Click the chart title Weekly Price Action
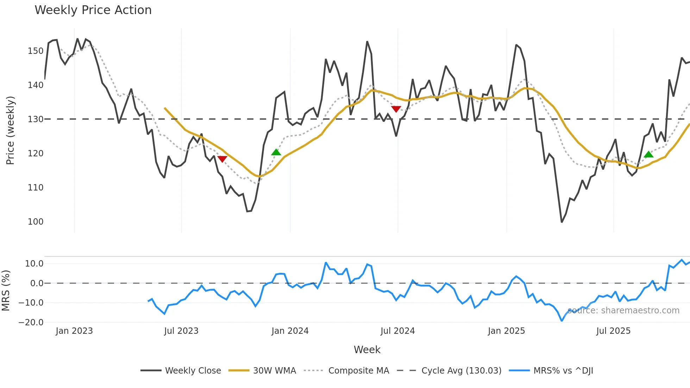pos(93,10)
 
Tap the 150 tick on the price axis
pos(36,51)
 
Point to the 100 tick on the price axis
pos(36,222)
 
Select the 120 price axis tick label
pos(36,154)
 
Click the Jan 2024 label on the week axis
pos(290,331)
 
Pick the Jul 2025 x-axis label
pos(613,331)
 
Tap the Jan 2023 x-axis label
pos(74,331)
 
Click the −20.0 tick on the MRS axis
pos(31,323)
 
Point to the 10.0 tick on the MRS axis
pos(34,264)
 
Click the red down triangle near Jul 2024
pos(396,109)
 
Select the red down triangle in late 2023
pos(222,159)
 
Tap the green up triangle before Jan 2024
pos(276,152)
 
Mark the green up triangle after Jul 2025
pos(648,154)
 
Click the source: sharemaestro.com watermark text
pos(623,311)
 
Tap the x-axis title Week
pos(367,350)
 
